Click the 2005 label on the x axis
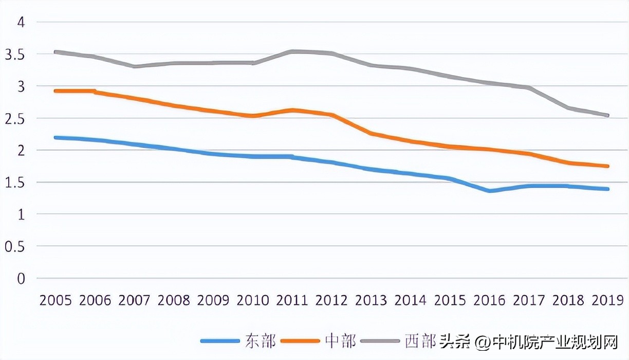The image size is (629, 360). coord(55,300)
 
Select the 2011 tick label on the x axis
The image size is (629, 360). coord(292,300)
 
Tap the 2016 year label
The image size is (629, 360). coord(489,300)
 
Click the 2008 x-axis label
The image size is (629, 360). coord(174,300)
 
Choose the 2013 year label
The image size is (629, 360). coord(371,300)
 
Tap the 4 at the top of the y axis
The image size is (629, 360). coord(21,22)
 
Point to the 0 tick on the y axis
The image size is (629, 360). coord(21,279)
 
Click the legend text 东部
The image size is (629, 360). coord(261,340)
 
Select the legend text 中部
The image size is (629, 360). coord(340,340)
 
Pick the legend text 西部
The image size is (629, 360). coord(420,340)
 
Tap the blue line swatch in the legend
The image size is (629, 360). coord(220,341)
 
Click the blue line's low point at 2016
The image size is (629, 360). coord(490,191)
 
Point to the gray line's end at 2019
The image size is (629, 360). coord(608,116)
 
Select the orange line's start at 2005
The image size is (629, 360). coord(56,91)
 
